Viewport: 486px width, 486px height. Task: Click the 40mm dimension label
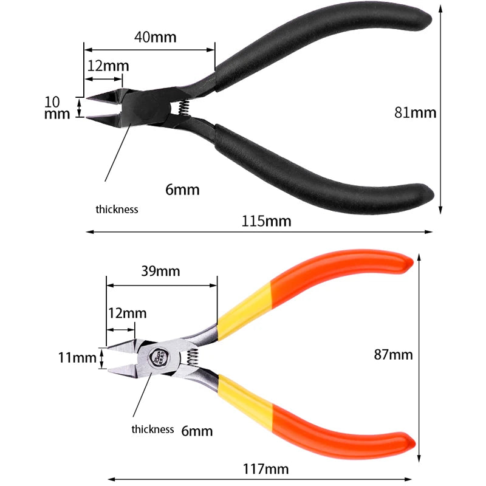coord(156,37)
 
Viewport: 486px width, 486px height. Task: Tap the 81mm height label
coord(416,112)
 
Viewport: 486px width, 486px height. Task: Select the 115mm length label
coord(266,221)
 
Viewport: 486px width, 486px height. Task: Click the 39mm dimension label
coord(160,271)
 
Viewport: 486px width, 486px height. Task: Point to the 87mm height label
coord(393,355)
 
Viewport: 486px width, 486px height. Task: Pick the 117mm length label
coord(265,469)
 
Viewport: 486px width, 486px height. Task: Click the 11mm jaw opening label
coord(77,358)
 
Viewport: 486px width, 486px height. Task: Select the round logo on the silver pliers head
coord(159,357)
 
